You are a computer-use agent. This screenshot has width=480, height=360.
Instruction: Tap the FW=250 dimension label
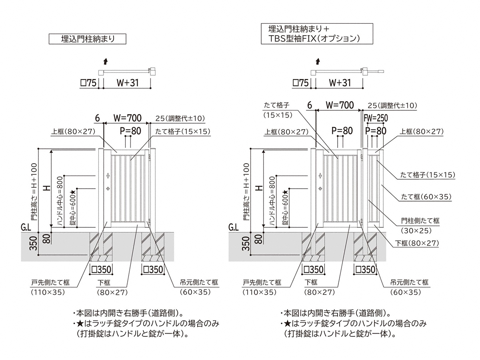pos(376,118)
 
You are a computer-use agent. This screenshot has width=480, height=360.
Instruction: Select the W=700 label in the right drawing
pos(340,105)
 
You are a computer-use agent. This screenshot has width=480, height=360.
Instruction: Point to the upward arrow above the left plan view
pos(105,61)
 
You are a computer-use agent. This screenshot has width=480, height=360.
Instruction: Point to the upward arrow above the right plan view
pos(318,61)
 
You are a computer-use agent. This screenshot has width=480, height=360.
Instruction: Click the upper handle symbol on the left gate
pos(108,176)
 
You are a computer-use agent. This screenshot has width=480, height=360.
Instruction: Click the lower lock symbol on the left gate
pos(108,188)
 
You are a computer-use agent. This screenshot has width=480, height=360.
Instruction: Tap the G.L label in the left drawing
pos(27,228)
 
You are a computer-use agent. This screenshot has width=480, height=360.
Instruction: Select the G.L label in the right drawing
pos(234,228)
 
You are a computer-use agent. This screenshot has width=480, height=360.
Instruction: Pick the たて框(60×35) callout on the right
pos(426,196)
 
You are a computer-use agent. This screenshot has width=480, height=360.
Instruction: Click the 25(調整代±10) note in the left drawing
pos(180,118)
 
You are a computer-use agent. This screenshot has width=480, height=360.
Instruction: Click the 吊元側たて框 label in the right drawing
pos(409,282)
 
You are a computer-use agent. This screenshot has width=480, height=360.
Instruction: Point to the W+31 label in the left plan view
pos(127,83)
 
